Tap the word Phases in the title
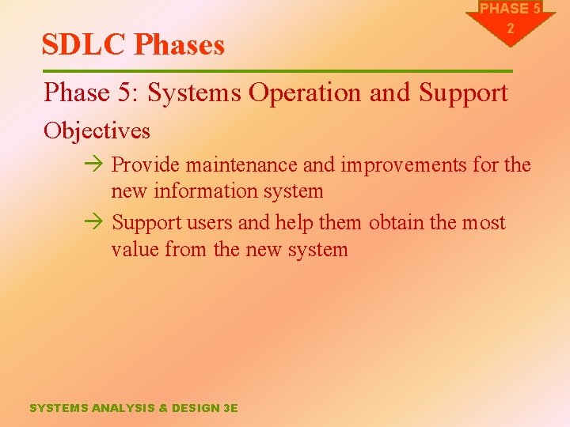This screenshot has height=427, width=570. click(179, 45)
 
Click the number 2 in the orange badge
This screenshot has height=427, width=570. click(511, 28)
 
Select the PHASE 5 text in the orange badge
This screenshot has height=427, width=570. click(511, 9)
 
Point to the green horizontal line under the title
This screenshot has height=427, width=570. click(277, 71)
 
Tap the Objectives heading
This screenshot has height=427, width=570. click(97, 130)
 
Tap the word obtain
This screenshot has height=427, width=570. click(396, 223)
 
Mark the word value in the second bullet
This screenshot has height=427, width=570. click(136, 250)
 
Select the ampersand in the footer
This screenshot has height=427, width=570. click(164, 408)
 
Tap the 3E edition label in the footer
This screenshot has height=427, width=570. click(230, 408)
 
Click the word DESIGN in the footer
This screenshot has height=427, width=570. click(196, 408)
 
